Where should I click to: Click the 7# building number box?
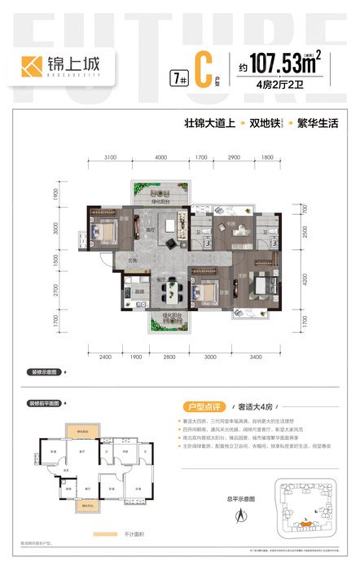(x=175, y=78)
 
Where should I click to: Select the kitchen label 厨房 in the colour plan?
(x=139, y=292)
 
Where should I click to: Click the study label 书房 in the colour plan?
(x=231, y=226)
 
